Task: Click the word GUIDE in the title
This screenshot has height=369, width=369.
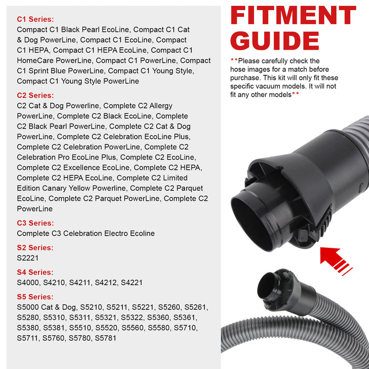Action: point(275,41)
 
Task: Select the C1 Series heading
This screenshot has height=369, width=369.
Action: point(35,19)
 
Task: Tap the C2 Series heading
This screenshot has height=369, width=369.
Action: point(35,95)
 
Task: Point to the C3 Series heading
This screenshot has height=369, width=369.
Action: point(35,223)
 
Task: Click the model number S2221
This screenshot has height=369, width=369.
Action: point(28,258)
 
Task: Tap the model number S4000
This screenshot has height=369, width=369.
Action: point(28,283)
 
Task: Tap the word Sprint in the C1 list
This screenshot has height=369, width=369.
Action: point(42,71)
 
